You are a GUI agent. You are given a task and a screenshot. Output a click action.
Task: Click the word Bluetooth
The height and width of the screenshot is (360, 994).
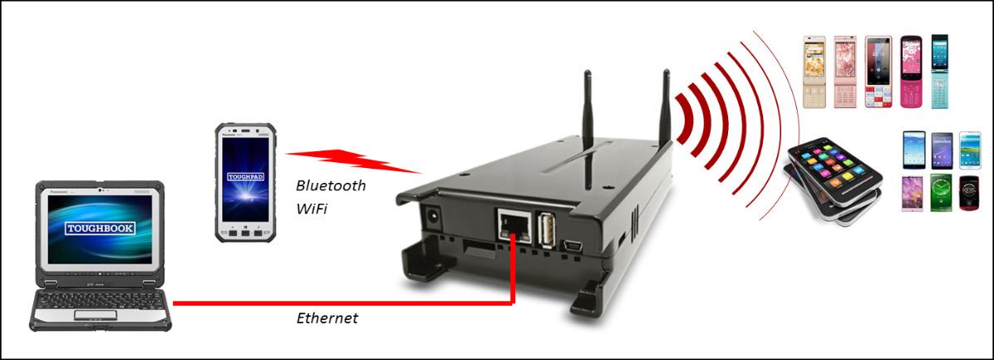[x=331, y=185]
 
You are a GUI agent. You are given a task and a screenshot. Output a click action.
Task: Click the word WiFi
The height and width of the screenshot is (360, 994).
[x=312, y=209]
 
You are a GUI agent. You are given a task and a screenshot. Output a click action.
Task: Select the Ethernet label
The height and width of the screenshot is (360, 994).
[x=327, y=318]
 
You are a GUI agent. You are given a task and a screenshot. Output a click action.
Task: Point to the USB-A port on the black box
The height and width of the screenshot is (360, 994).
[x=549, y=230]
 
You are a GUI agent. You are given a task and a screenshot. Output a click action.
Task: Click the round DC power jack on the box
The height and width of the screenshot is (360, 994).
[x=434, y=217]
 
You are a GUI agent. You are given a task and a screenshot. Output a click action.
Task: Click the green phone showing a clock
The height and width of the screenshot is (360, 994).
[x=941, y=193]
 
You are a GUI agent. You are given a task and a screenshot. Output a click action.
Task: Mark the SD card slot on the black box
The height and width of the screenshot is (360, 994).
[x=476, y=247]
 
